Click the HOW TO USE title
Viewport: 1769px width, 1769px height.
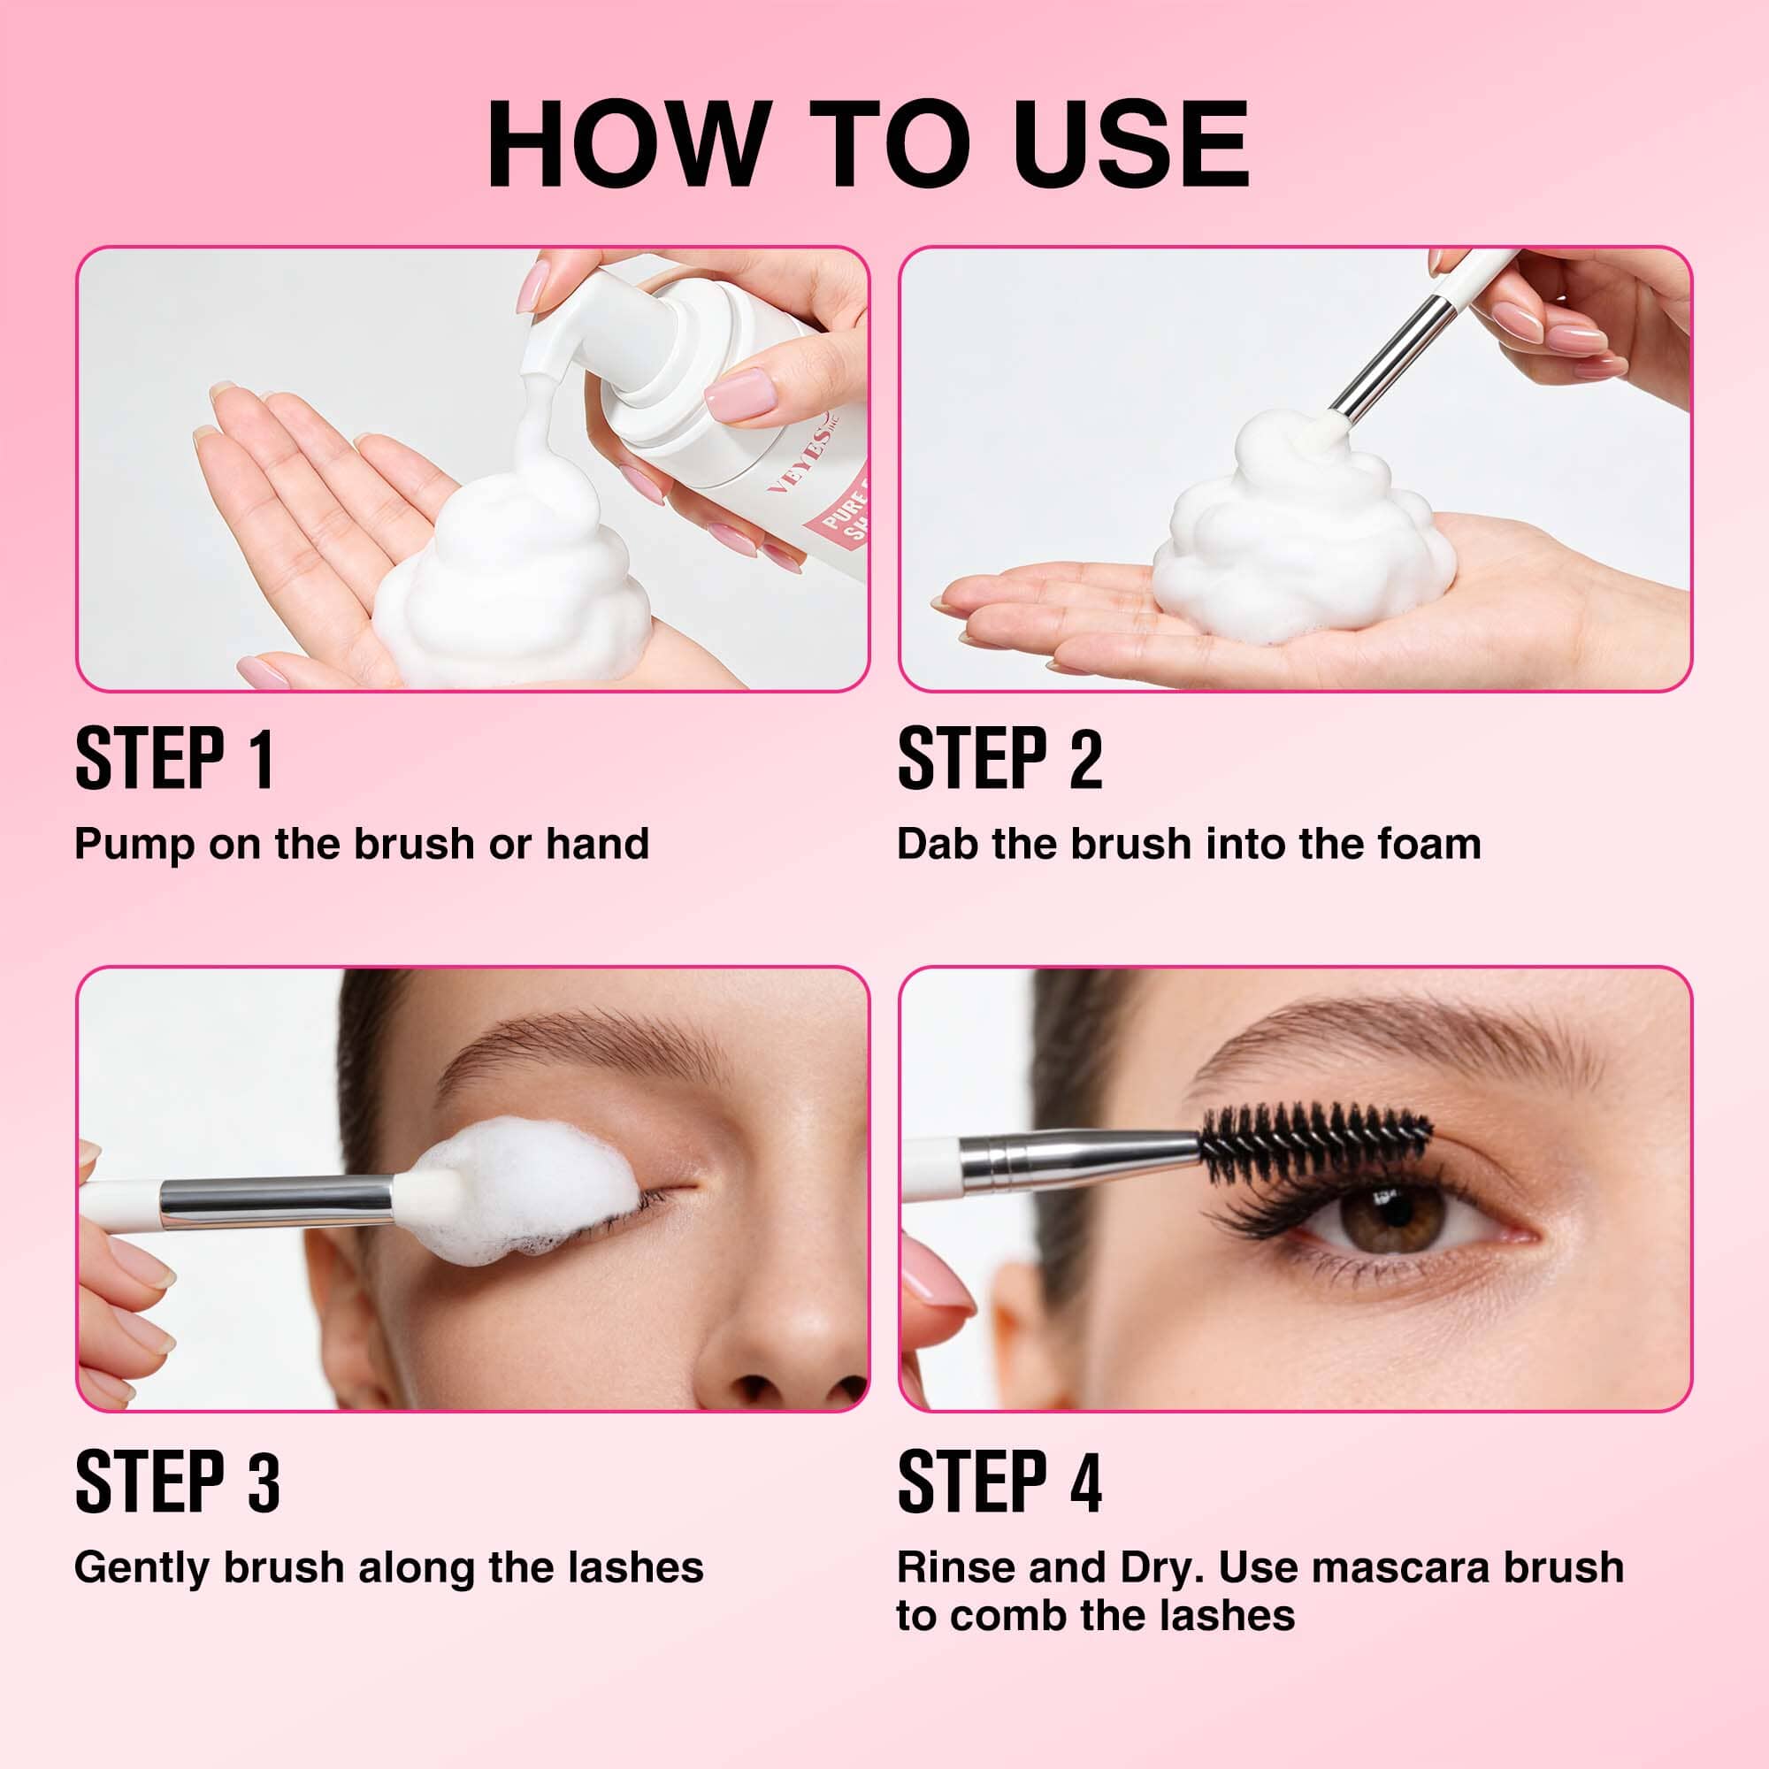(x=868, y=145)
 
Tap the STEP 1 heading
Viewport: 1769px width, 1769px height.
(x=174, y=759)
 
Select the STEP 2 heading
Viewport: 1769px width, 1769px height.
(x=999, y=759)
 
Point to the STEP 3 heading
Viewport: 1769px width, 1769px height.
(x=177, y=1482)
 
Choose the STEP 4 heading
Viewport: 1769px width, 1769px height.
(x=999, y=1482)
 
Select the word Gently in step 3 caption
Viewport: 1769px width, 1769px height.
(x=141, y=1567)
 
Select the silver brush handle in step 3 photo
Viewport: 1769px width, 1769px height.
(x=275, y=1202)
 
